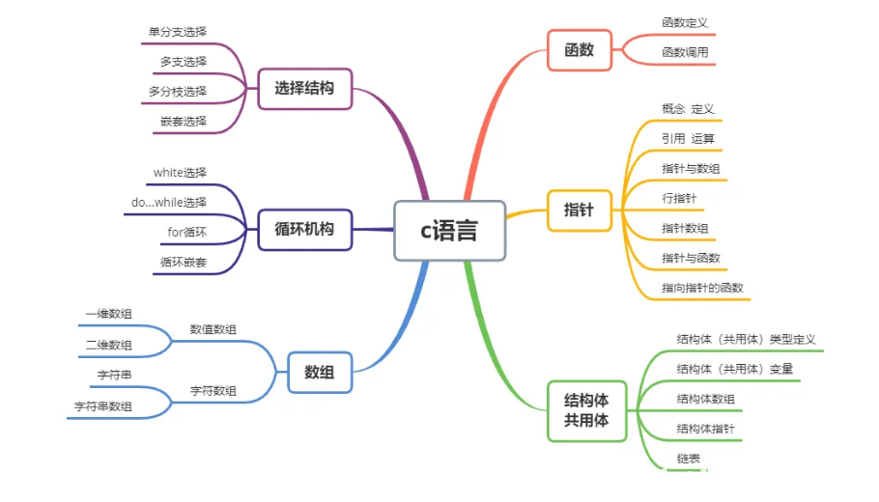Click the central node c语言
point(449,231)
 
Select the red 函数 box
point(579,50)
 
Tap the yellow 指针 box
point(579,209)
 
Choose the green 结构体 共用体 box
point(586,410)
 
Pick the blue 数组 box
point(320,372)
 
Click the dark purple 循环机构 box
point(304,230)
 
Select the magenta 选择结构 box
point(304,88)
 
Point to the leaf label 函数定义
point(685,22)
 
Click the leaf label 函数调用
point(685,52)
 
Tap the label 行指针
point(679,199)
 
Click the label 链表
point(689,457)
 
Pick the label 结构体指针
point(705,428)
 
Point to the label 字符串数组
point(103,406)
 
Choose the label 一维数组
point(109,314)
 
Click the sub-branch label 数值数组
point(213,329)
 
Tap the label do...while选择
point(169,203)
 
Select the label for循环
point(186,233)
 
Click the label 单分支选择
point(178,31)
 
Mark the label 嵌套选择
point(184,122)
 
